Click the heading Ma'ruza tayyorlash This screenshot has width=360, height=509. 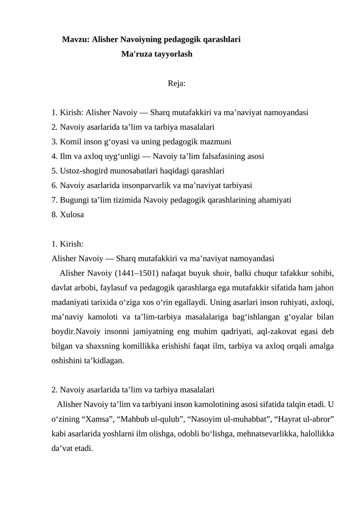157,54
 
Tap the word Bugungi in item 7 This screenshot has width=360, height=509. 73,200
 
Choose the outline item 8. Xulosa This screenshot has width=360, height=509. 68,214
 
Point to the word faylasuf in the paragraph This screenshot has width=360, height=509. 103,288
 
